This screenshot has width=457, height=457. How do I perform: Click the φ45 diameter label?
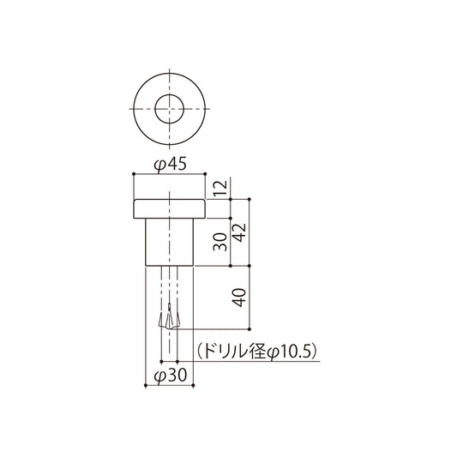tap(169, 165)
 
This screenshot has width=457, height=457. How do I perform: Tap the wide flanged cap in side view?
tap(169, 207)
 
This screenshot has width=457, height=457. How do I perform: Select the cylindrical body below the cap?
tap(169, 243)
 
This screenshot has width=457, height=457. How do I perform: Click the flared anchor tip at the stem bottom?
tap(169, 322)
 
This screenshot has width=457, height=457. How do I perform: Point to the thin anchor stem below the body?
tap(169, 287)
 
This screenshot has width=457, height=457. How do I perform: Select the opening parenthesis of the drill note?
tap(198, 351)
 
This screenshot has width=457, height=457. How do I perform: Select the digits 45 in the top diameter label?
tap(176, 165)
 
